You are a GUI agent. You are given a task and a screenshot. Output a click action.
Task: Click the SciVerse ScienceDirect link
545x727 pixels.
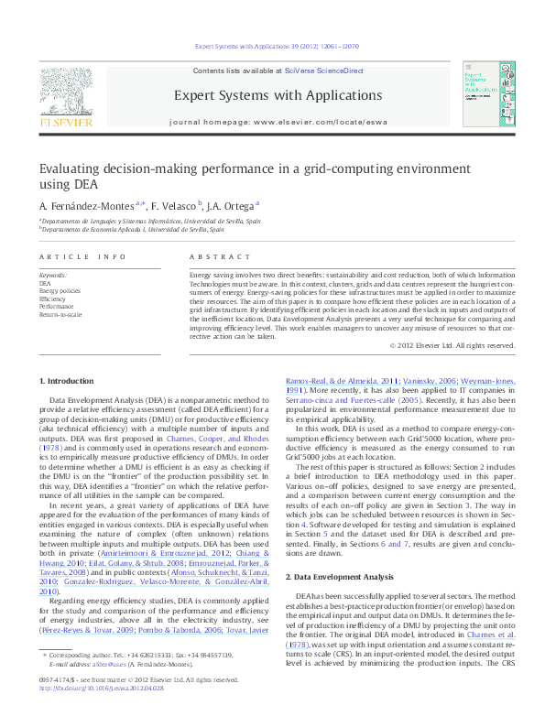[324, 71]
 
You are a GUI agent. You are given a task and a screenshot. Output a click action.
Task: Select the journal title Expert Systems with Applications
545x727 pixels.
[278, 95]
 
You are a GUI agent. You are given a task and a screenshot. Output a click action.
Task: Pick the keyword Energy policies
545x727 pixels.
[60, 291]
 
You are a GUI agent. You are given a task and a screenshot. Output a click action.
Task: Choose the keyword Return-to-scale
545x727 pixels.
[60, 313]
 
